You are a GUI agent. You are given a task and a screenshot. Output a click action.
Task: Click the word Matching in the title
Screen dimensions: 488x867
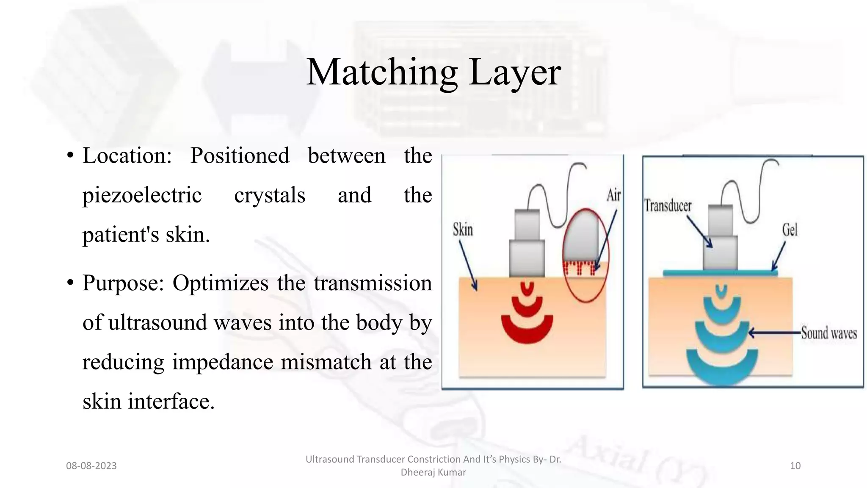381,73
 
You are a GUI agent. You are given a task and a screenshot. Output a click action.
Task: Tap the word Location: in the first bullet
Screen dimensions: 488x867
127,155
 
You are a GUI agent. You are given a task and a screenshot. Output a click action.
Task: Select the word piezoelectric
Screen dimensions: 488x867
142,195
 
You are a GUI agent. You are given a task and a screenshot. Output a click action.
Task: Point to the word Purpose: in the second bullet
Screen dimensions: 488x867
123,283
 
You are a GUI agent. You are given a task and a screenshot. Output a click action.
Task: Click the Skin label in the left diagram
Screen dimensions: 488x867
463,230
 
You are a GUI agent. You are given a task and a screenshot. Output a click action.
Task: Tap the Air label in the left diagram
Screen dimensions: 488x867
613,195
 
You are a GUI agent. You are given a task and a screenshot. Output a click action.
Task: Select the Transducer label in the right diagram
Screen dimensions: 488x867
668,206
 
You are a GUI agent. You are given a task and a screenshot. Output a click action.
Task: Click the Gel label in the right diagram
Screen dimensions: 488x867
790,230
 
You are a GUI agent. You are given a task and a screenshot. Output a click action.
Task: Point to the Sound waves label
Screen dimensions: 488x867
828,333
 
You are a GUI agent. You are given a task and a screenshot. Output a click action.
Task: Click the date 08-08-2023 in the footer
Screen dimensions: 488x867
91,466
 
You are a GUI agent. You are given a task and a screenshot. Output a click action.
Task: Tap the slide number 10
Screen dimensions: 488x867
795,466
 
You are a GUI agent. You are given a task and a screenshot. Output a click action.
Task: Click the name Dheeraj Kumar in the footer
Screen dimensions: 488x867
433,472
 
